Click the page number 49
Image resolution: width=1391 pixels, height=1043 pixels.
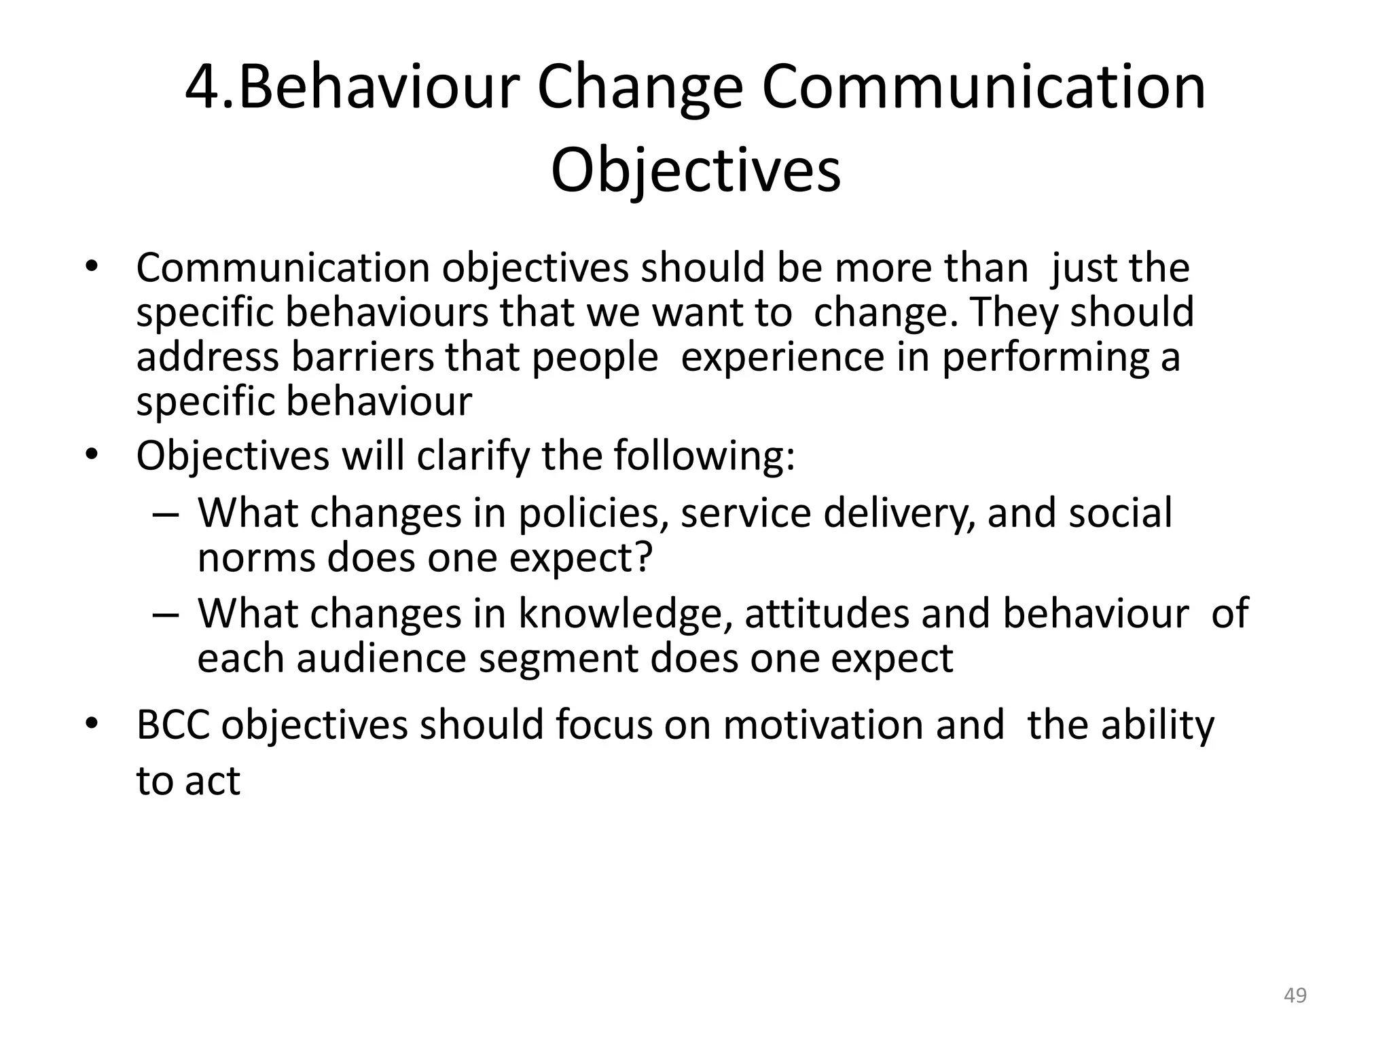coord(1295,995)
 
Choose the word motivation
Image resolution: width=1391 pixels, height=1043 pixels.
coord(823,725)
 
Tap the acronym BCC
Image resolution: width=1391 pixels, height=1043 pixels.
coord(173,725)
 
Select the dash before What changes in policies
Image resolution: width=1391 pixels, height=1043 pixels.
coord(165,515)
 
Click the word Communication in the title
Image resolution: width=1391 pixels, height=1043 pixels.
coord(983,88)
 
